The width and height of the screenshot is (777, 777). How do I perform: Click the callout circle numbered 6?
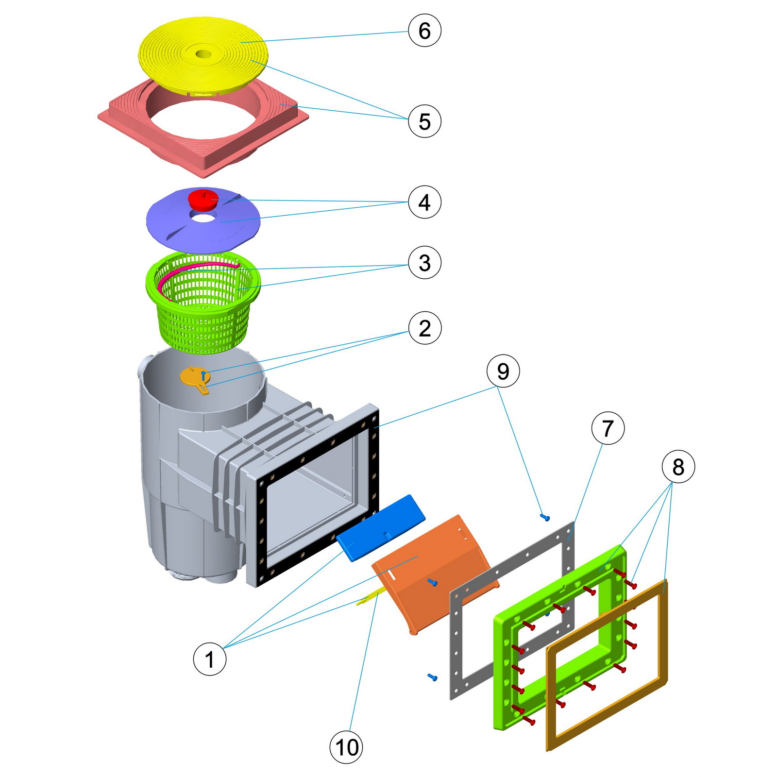pos(424,31)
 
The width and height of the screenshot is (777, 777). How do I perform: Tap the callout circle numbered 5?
pos(424,121)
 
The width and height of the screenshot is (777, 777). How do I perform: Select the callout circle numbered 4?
pos(424,202)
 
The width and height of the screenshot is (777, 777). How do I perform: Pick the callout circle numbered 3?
pos(424,263)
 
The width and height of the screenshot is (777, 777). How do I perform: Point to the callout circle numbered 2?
pos(424,328)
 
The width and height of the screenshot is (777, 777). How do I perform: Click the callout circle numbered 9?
pos(503,372)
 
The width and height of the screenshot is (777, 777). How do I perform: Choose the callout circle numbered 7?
pos(608,428)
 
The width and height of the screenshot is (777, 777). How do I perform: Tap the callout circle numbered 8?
pos(678,467)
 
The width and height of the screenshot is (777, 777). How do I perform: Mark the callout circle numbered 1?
pos(210,659)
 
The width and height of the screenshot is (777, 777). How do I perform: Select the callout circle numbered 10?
pos(347,747)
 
